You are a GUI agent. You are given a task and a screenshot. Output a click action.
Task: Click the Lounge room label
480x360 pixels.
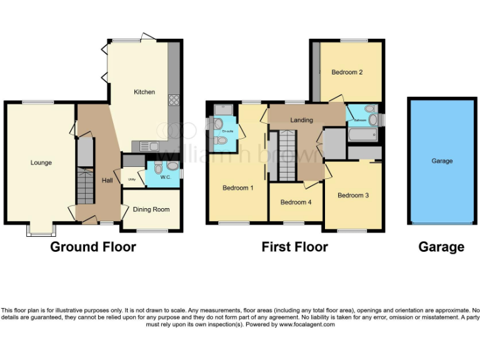(x=41, y=163)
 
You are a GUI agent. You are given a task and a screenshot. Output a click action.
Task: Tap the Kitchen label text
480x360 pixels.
(x=144, y=92)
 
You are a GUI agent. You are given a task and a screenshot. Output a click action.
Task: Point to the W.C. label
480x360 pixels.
(x=165, y=177)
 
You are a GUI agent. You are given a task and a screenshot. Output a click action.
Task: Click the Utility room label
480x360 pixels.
(x=131, y=180)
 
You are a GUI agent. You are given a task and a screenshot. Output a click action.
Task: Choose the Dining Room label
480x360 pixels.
(x=151, y=210)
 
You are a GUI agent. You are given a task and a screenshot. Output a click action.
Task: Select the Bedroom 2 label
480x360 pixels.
(x=347, y=72)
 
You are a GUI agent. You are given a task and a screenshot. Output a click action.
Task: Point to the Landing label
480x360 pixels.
(x=301, y=121)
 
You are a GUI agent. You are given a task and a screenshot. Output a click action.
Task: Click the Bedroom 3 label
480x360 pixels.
(x=353, y=196)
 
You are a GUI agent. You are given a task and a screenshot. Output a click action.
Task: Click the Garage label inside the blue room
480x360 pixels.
(x=442, y=161)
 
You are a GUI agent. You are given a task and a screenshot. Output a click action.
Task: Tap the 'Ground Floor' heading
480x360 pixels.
(x=93, y=247)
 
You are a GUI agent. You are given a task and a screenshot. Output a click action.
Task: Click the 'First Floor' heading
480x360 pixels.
(x=294, y=247)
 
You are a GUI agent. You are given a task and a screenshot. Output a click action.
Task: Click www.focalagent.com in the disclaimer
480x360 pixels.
(x=307, y=325)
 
